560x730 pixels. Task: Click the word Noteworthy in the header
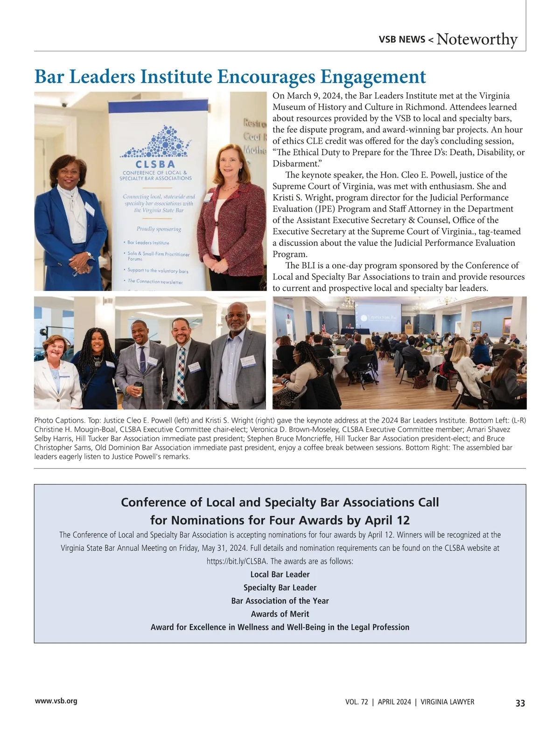tap(477, 39)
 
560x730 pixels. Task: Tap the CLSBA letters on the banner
tap(155, 164)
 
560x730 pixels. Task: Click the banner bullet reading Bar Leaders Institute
tap(148, 243)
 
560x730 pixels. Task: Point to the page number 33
tap(520, 703)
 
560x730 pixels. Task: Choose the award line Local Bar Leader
tap(280, 574)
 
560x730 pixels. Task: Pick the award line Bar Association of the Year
tap(280, 601)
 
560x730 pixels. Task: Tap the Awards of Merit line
tap(280, 614)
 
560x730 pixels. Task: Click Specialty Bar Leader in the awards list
tap(280, 588)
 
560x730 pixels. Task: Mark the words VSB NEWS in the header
tap(402, 40)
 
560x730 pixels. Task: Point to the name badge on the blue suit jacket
tap(90, 209)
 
